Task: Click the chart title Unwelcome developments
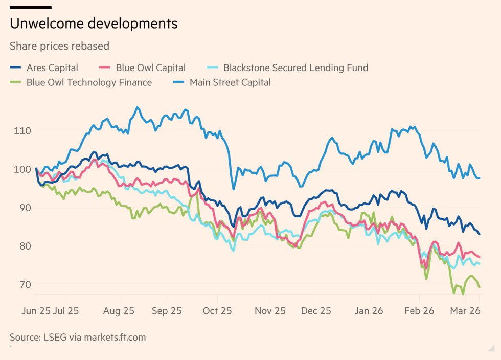tap(94, 24)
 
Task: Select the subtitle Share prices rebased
tap(59, 46)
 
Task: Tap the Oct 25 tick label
tap(217, 310)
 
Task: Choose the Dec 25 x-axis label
tap(316, 310)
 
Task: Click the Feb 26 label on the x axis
tap(419, 310)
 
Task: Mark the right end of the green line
tap(480, 287)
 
